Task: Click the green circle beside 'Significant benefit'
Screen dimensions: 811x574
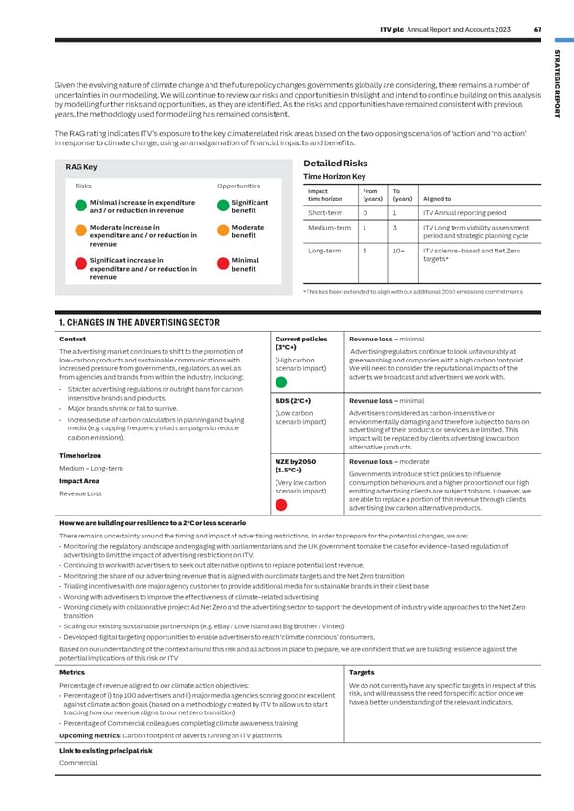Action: click(223, 206)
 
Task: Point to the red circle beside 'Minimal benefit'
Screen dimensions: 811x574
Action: click(223, 264)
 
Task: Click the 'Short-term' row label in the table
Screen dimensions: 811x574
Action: click(325, 212)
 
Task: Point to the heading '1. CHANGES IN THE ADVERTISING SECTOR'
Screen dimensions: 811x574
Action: click(140, 322)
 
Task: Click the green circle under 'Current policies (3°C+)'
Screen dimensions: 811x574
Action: click(281, 382)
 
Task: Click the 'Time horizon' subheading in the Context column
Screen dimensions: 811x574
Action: click(81, 456)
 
